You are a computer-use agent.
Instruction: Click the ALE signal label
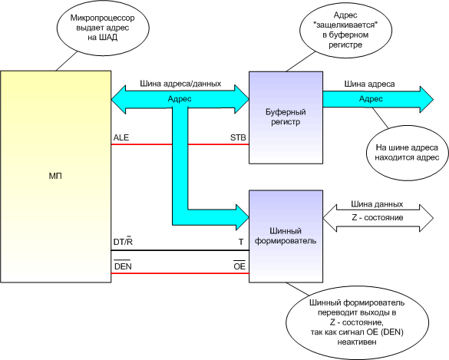[x=121, y=137]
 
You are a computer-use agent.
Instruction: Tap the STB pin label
[x=238, y=137]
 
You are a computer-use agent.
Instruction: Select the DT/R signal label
[x=123, y=242]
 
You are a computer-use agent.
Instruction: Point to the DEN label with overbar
[x=123, y=266]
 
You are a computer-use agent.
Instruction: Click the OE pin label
[x=239, y=266]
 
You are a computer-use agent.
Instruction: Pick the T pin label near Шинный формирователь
[x=241, y=242]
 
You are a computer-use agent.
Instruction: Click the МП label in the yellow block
[x=55, y=176]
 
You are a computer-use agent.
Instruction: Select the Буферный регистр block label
[x=286, y=117]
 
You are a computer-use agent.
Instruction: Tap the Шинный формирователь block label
[x=286, y=236]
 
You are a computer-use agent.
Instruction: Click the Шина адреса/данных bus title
[x=180, y=84]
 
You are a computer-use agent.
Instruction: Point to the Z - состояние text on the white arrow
[x=378, y=218]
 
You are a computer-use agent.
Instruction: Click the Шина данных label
[x=377, y=204]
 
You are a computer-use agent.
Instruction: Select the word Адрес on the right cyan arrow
[x=371, y=99]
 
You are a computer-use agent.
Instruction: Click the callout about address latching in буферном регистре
[x=345, y=30]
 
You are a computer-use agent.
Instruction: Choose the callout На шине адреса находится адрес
[x=407, y=153]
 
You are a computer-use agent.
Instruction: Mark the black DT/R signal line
[x=180, y=250]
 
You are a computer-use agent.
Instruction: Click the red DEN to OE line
[x=180, y=273]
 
